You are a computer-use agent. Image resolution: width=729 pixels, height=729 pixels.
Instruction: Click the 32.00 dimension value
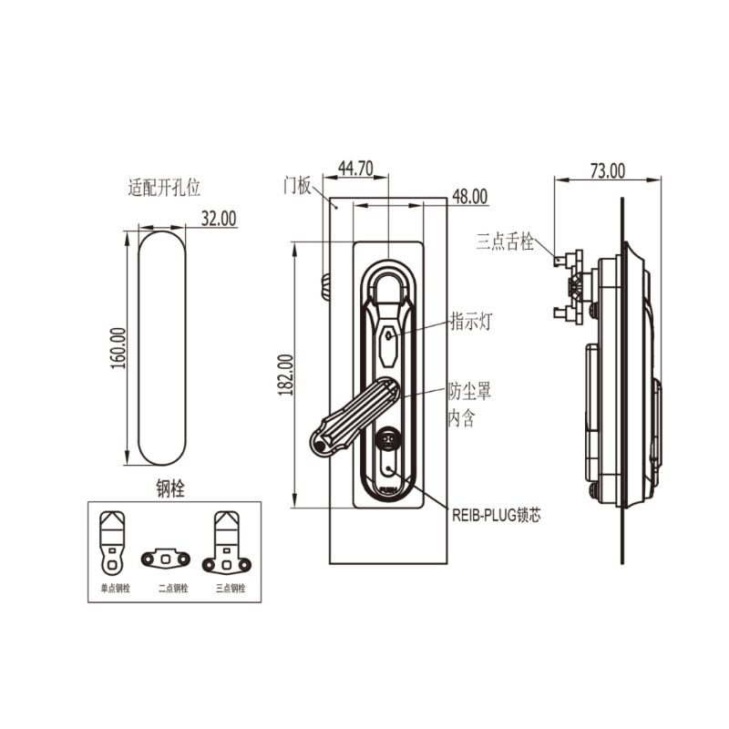pyautogui.click(x=219, y=218)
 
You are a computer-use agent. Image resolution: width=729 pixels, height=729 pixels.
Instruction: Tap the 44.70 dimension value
pyautogui.click(x=355, y=168)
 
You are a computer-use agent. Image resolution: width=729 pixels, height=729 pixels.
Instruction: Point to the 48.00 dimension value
pyautogui.click(x=469, y=196)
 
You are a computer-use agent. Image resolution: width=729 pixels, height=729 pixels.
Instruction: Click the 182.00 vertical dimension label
pyautogui.click(x=284, y=375)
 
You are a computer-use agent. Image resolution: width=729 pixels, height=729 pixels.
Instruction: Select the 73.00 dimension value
pyautogui.click(x=608, y=169)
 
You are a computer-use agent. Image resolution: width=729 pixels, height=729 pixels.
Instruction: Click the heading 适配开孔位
pyautogui.click(x=164, y=189)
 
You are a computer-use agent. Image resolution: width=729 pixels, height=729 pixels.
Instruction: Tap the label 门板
pyautogui.click(x=297, y=185)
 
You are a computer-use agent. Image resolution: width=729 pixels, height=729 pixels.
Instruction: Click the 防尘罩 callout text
pyautogui.click(x=470, y=392)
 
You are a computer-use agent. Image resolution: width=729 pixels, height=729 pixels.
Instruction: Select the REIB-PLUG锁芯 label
pyautogui.click(x=497, y=515)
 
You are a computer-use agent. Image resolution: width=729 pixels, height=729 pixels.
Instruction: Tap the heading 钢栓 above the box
pyautogui.click(x=170, y=489)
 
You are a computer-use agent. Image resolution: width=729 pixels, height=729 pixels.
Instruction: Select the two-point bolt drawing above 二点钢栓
pyautogui.click(x=166, y=555)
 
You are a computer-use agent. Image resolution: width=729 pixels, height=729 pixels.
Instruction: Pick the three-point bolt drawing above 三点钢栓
pyautogui.click(x=228, y=542)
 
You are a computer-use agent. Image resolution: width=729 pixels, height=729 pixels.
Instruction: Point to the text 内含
pyautogui.click(x=460, y=418)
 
